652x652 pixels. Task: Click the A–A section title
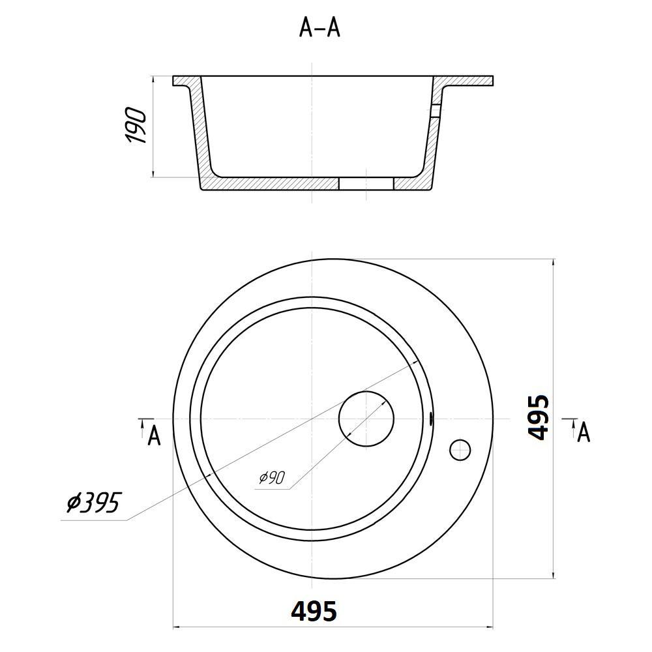click(319, 28)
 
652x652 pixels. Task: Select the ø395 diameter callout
click(93, 503)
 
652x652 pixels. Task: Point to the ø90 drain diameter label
click(271, 478)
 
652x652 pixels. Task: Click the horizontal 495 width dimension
click(314, 612)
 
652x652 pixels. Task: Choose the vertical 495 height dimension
click(539, 417)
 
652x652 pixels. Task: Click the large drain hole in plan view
click(366, 419)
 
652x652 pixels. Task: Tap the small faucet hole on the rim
click(460, 450)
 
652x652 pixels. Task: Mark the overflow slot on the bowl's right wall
click(431, 419)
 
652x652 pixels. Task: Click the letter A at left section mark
click(155, 436)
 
